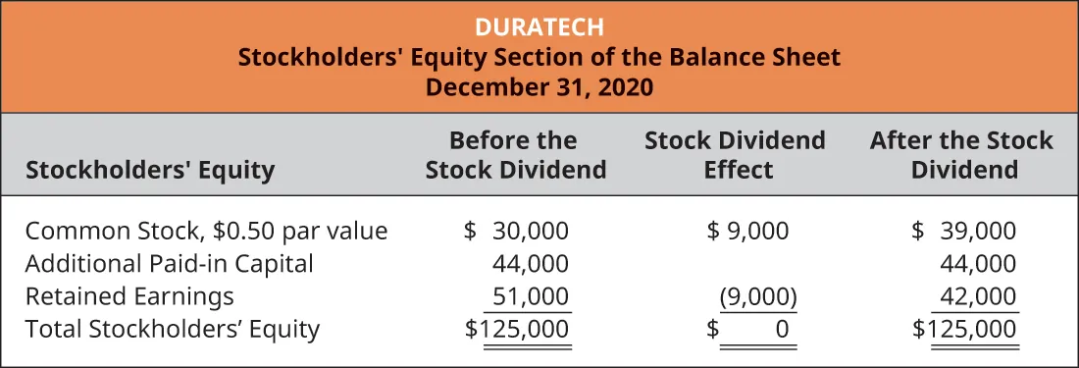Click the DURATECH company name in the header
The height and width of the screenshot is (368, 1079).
tap(539, 26)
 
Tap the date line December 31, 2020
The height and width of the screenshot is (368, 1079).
tap(539, 85)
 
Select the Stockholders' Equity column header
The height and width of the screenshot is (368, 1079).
tap(150, 171)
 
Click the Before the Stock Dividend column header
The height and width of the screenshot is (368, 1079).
tap(515, 155)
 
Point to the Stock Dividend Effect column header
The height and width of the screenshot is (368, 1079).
tap(735, 155)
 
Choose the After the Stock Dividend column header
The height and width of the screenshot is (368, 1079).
tap(961, 155)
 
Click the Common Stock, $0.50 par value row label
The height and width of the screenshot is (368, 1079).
tap(207, 232)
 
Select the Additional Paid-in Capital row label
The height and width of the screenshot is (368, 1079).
tap(170, 264)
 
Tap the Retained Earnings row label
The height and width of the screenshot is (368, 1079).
tap(130, 296)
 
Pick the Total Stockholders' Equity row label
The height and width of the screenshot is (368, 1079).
tap(173, 329)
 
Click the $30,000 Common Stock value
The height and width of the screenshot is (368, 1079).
tap(516, 232)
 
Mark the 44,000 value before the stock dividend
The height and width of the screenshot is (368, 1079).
tap(530, 264)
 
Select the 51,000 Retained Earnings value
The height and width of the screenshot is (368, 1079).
tap(530, 296)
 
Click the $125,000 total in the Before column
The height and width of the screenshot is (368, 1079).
tap(517, 329)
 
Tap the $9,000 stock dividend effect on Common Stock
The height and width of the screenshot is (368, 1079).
tap(747, 232)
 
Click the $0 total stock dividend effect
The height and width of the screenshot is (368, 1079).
tap(750, 329)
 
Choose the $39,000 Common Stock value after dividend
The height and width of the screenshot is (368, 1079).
tap(964, 232)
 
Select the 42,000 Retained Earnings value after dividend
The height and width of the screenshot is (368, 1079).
tap(978, 296)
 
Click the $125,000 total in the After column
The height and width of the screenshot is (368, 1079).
tap(965, 329)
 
